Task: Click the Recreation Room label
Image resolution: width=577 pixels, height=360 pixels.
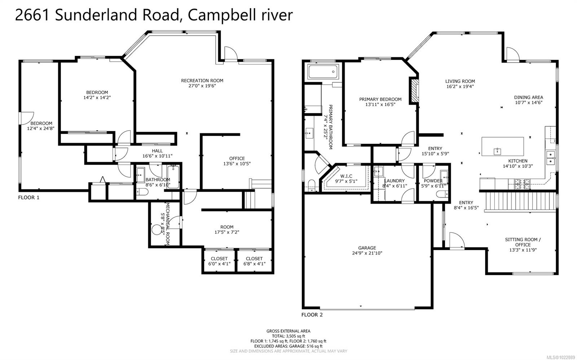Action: tap(202, 81)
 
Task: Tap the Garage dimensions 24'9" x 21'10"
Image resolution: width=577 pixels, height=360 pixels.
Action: tap(367, 253)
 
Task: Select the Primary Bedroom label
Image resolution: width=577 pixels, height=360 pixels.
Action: tap(380, 99)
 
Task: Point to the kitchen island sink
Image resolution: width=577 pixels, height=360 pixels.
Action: tap(497, 151)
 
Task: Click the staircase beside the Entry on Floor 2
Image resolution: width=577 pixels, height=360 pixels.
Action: tap(520, 201)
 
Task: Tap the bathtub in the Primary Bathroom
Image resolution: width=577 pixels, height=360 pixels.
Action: tap(323, 72)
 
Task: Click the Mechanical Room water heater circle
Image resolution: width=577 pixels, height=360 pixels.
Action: tap(157, 230)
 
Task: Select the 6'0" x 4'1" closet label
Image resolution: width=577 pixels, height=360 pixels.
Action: tap(219, 261)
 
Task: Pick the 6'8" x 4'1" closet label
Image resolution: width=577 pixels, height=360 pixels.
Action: tap(254, 261)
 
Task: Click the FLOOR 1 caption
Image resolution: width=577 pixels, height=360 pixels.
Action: tap(28, 198)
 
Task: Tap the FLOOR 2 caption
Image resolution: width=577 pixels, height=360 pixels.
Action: tap(312, 315)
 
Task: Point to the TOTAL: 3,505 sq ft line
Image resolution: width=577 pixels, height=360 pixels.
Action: tap(288, 336)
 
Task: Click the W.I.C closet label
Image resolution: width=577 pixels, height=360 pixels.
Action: tap(346, 176)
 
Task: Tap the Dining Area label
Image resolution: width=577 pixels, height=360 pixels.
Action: tap(529, 97)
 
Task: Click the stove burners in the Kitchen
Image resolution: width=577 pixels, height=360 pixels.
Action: tap(523, 184)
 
